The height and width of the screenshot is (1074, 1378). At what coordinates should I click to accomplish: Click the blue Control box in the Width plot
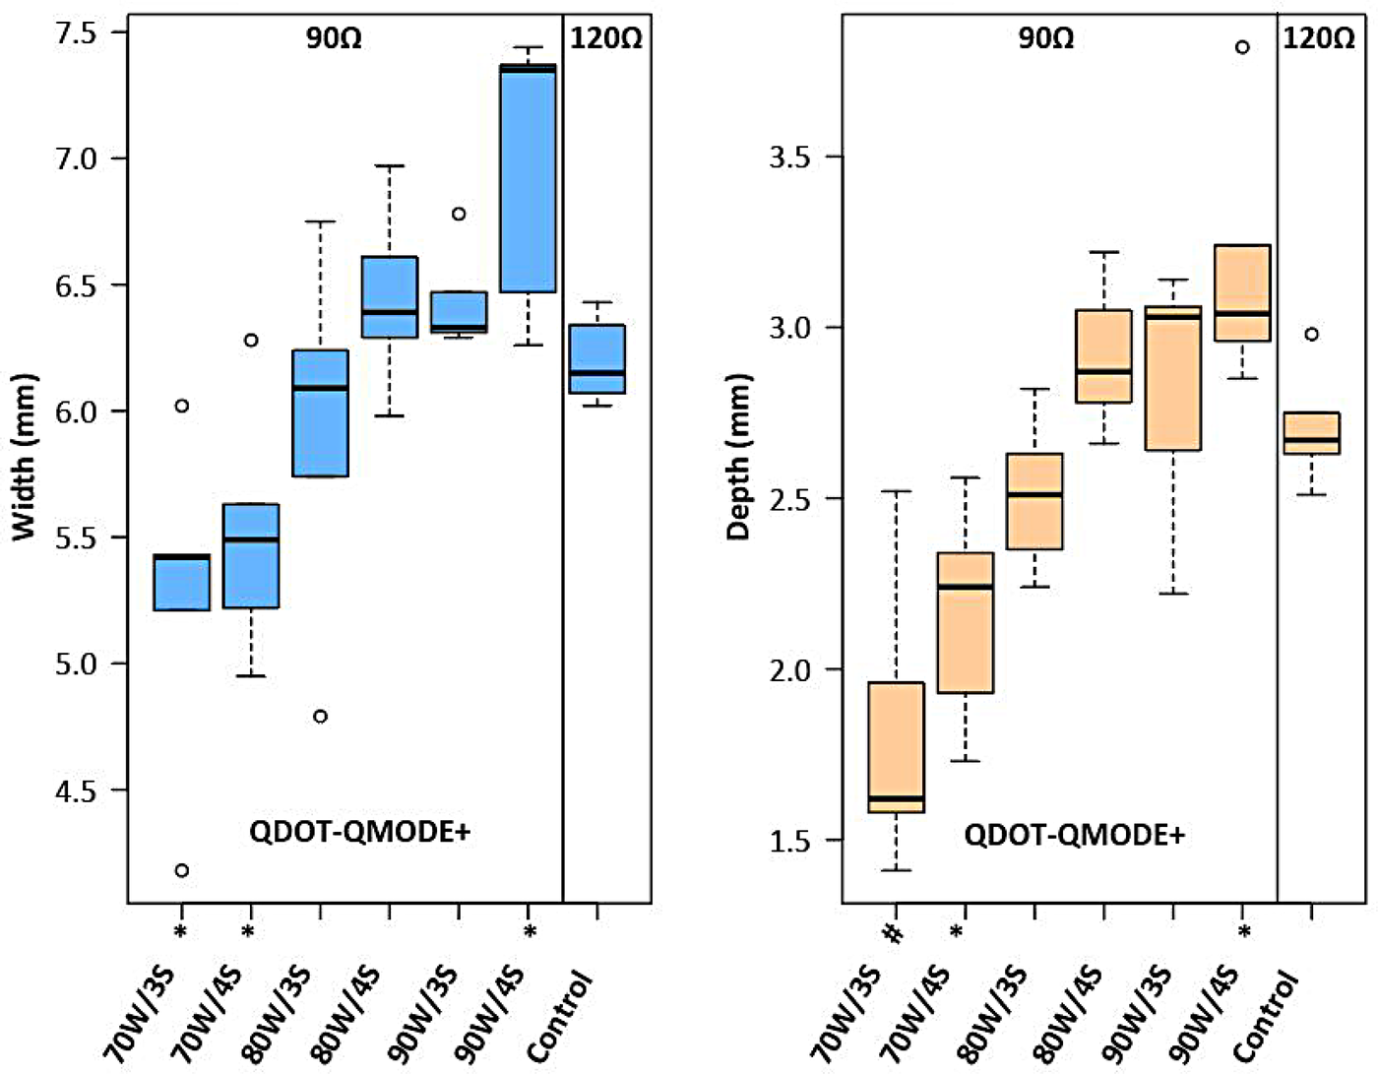596,358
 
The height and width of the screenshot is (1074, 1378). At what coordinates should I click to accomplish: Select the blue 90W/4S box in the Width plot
528,178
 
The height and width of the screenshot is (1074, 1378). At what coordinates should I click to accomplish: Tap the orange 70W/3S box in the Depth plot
895,746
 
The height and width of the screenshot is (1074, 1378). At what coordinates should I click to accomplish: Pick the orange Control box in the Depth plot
1311,433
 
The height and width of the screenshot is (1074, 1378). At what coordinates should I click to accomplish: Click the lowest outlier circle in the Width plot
181,870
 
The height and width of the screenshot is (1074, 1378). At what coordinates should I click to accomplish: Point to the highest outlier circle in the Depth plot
1242,47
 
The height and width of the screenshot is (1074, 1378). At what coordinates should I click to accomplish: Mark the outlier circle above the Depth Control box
1311,335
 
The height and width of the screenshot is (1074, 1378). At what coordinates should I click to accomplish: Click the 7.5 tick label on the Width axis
76,33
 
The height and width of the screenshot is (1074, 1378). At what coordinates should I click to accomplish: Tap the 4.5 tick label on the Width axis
76,790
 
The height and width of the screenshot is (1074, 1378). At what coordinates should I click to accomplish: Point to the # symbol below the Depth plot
895,931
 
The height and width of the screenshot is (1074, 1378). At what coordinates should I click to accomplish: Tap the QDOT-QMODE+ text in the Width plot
359,832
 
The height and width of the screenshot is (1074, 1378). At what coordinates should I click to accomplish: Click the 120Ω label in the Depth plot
1318,38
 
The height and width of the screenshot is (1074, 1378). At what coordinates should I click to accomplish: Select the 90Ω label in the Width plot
334,38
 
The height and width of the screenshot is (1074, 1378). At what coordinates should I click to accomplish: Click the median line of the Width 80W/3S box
320,388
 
